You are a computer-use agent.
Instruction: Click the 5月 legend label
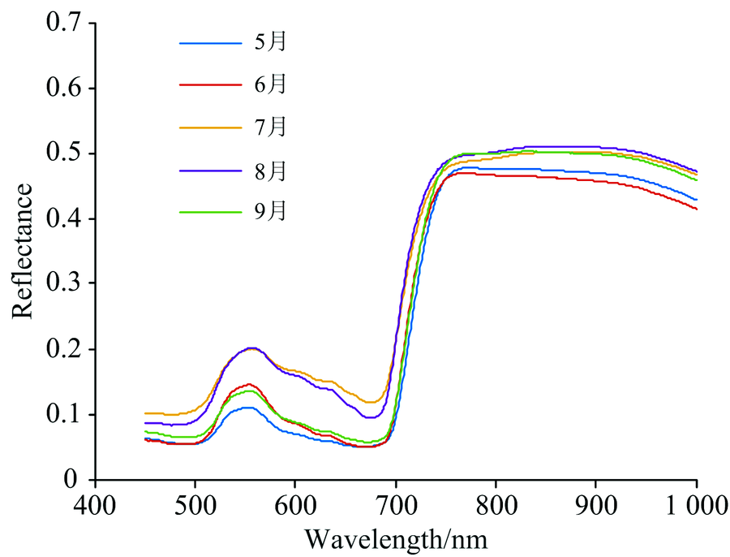pos(270,42)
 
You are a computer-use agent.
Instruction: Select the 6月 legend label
pos(270,84)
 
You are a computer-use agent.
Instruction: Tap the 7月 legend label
pos(270,127)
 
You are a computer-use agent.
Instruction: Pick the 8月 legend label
pos(270,171)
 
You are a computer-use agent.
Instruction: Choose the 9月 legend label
pos(270,212)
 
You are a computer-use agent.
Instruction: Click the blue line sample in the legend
pos(210,42)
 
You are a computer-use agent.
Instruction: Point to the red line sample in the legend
pos(210,84)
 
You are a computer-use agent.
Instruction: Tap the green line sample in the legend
pos(210,212)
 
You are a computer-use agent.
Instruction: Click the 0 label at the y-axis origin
pos(74,479)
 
